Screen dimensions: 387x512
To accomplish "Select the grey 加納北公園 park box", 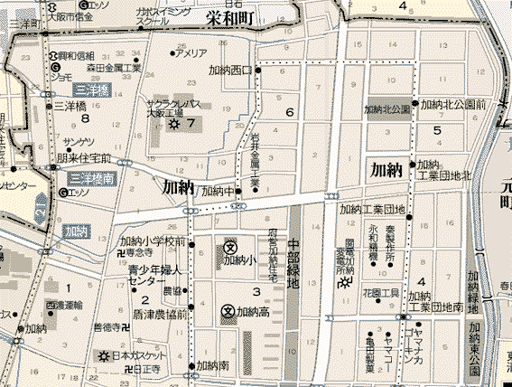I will [x=386, y=109].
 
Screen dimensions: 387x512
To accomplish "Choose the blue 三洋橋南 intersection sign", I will [x=91, y=178].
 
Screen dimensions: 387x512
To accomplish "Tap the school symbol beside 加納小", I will [x=230, y=247].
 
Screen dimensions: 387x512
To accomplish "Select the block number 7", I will [x=191, y=122].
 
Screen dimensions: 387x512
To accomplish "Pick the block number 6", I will [x=289, y=112].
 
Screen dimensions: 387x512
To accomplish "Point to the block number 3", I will [x=256, y=290].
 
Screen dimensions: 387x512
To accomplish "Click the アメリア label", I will [x=191, y=53].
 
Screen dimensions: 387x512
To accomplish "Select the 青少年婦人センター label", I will [x=153, y=275].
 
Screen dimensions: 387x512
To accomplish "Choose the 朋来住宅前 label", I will [x=84, y=157].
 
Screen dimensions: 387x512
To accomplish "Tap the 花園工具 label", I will [x=380, y=293].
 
